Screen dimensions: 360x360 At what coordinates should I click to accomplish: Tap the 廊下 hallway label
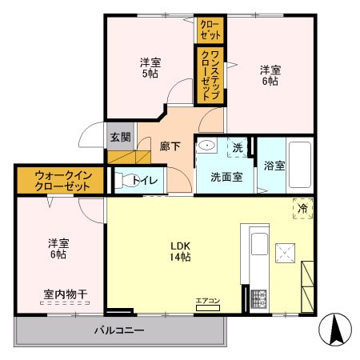pos(169,146)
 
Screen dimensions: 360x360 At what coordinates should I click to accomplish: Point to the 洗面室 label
pos(226,177)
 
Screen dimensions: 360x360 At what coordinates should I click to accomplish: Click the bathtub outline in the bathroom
pos(299,163)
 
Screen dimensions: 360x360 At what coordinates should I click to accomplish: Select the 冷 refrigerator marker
pos(302,207)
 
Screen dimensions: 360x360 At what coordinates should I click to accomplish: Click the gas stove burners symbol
pos(259,299)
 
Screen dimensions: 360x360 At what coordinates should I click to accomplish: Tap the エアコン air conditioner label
pos(207,301)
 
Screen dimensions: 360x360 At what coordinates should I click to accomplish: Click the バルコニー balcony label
pos(118,330)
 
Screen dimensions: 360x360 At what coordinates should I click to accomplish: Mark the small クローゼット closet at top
pos(210,30)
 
